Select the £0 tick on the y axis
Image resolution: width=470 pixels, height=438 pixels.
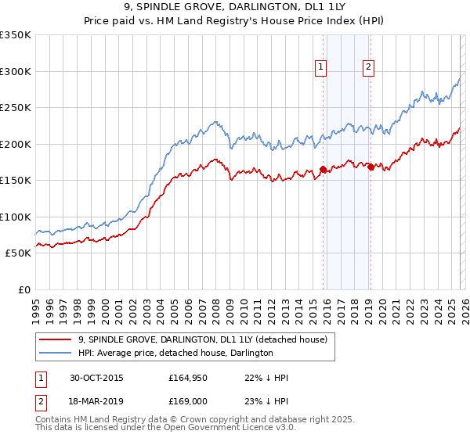[x=23, y=289]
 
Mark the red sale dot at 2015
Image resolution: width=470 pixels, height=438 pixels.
[x=323, y=169]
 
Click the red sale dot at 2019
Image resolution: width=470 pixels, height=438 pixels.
[x=371, y=166]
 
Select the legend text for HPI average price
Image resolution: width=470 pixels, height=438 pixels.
[x=175, y=353]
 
